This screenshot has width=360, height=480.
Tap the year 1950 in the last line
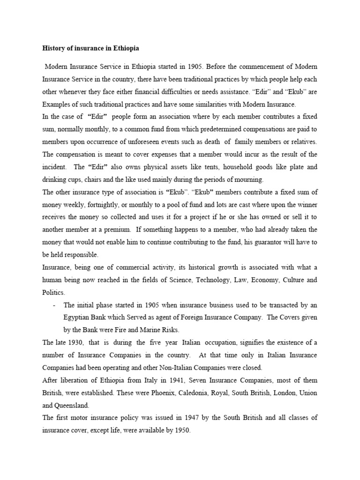click(x=180, y=430)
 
